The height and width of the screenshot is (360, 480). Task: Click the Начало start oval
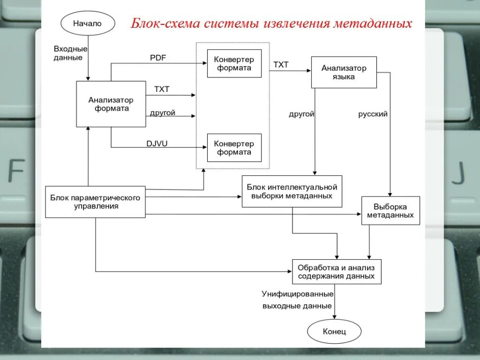87,23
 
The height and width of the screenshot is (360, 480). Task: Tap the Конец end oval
334,332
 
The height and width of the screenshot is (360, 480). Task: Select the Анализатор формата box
111,104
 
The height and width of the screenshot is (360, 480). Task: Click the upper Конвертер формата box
234,64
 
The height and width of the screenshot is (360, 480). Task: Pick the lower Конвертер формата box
234,148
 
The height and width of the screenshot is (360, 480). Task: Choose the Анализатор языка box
344,73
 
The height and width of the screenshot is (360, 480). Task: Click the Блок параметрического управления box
95,202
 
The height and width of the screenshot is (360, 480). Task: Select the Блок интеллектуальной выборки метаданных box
292,191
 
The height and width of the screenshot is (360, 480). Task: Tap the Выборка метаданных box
390,210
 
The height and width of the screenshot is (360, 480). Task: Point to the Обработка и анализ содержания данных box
336,272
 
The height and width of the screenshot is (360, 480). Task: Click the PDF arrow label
158,58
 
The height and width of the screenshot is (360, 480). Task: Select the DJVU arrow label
157,144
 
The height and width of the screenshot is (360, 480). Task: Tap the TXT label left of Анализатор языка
281,65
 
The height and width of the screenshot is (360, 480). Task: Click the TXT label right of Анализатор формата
162,89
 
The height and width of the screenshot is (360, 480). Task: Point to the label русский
373,114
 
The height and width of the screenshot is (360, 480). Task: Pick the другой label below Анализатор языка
301,114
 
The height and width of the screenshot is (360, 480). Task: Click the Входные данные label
71,53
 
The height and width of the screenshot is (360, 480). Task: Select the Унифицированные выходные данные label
297,300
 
